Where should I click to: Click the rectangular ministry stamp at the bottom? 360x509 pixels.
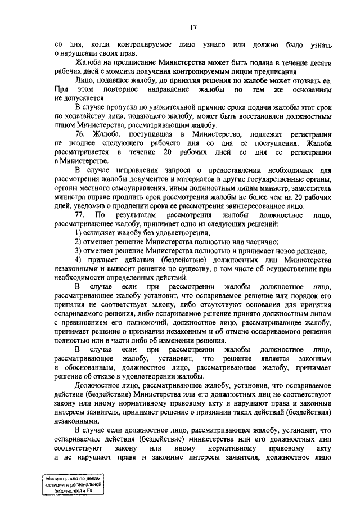pyautogui.click(x=73, y=483)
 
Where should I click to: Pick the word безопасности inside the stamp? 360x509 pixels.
pyautogui.click(x=70, y=490)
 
